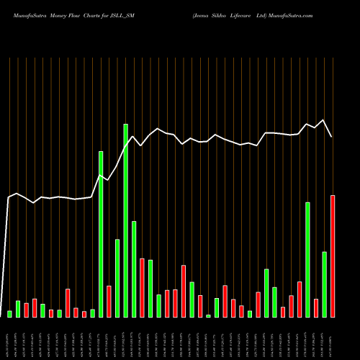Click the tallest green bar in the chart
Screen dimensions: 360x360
(126, 220)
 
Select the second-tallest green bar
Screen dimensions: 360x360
(101, 234)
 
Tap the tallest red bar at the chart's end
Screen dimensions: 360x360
(333, 256)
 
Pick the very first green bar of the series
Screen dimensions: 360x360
(9, 313)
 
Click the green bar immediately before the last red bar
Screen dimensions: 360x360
(325, 284)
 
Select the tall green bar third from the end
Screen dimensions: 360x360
(308, 259)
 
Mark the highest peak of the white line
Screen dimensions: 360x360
(324, 120)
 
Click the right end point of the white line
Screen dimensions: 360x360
(332, 137)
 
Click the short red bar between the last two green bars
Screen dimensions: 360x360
(316, 307)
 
